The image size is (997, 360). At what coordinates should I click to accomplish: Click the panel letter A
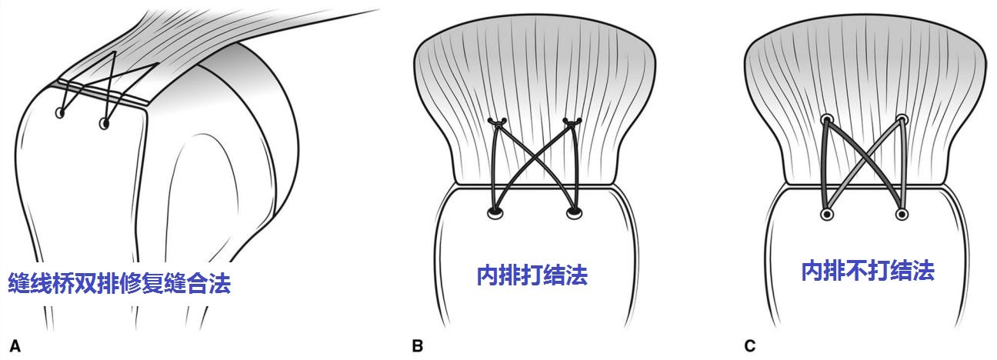[x=15, y=346]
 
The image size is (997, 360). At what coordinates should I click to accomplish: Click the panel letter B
[x=418, y=346]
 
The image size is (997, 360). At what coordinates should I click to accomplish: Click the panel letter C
[x=749, y=346]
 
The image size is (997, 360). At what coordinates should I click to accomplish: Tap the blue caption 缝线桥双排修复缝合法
[x=119, y=283]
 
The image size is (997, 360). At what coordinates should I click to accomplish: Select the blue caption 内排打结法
[x=532, y=275]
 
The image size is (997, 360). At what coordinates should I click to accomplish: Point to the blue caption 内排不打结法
[x=868, y=270]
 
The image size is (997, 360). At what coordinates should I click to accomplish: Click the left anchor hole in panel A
[x=60, y=114]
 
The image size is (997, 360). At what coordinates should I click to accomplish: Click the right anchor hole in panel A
[x=105, y=122]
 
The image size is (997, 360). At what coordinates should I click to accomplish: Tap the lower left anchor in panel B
[x=495, y=212]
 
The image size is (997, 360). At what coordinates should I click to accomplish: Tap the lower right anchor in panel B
[x=572, y=212]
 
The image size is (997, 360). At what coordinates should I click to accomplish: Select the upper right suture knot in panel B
[x=571, y=121]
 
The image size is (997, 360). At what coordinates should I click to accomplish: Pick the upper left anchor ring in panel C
[x=827, y=120]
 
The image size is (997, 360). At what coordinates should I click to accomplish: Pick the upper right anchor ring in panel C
[x=902, y=120]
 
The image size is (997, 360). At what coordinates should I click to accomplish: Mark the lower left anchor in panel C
[x=827, y=213]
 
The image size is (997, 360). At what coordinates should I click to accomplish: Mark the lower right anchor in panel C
[x=902, y=213]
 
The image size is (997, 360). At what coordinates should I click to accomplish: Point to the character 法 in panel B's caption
[x=577, y=275]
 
